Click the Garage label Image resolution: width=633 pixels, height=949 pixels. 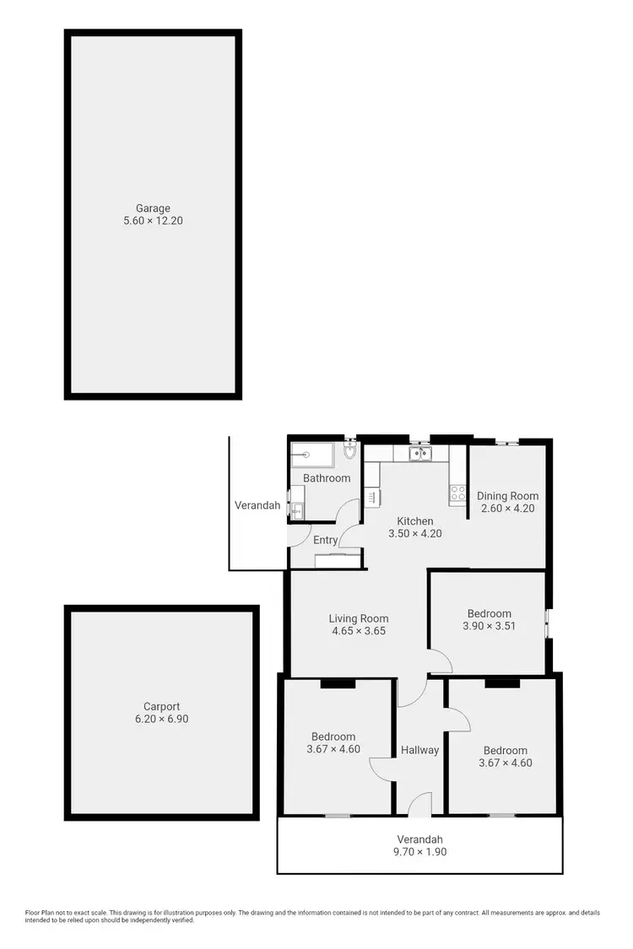point(154,208)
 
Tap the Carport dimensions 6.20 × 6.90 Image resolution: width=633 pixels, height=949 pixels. point(161,720)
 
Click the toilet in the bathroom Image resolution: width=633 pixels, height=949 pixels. point(350,456)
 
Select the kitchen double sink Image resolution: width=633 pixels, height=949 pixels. point(419,455)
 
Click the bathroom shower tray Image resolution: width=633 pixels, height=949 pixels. point(312,456)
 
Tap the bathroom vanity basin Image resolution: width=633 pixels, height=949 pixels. point(297,510)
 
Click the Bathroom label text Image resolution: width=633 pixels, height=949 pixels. point(327,478)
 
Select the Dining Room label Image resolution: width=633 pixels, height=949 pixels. point(507,496)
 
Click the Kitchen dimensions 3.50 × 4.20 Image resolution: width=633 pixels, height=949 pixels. point(415,534)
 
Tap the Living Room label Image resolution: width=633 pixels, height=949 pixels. point(359,618)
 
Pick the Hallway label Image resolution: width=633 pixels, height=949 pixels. point(419,749)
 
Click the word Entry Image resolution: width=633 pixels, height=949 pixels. point(326,540)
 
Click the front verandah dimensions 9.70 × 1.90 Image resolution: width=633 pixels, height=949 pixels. point(420,852)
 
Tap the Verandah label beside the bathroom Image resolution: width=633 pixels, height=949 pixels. point(257,505)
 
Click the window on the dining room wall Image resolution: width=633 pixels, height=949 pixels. point(507,442)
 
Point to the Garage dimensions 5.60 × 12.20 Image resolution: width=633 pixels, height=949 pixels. point(154,221)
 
